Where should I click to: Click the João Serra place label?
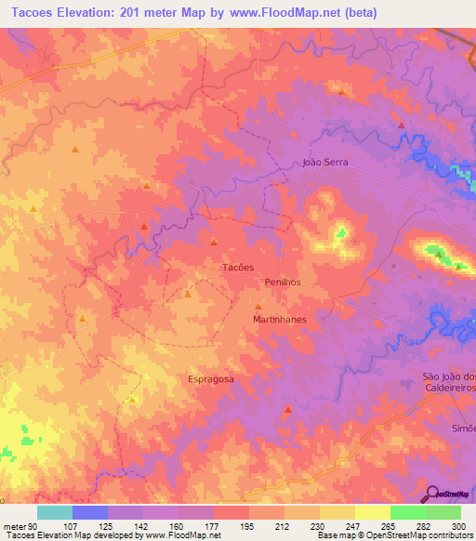(325, 162)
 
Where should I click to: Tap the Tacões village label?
(238, 267)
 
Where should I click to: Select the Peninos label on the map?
(283, 280)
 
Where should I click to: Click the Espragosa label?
(210, 379)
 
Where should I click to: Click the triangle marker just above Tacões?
(215, 244)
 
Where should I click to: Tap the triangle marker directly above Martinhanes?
(258, 306)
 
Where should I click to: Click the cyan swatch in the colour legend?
(55, 512)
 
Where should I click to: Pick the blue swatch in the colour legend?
(90, 512)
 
